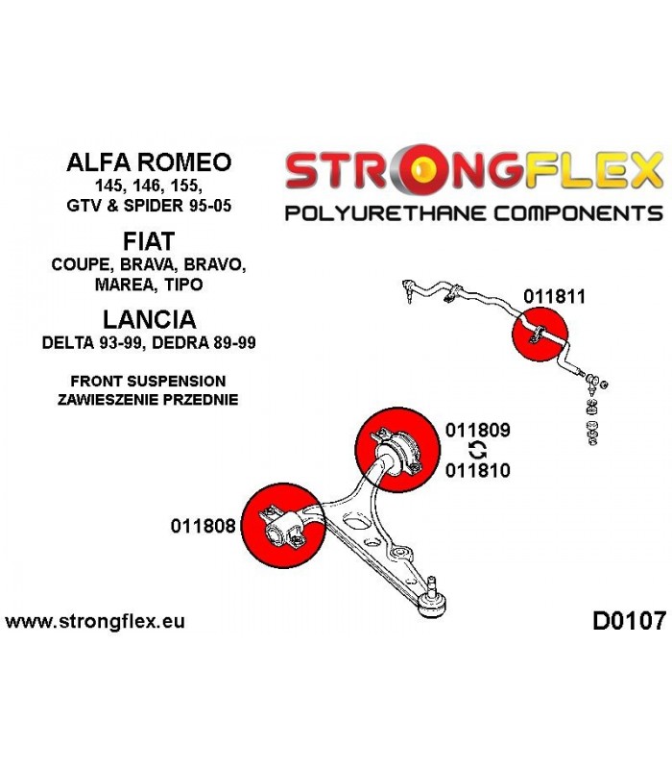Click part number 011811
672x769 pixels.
pyautogui.click(x=554, y=297)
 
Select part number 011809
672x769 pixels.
pyautogui.click(x=477, y=430)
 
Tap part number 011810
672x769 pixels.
pyautogui.click(x=477, y=470)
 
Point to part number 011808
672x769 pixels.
pyautogui.click(x=204, y=526)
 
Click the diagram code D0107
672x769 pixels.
pyautogui.click(x=630, y=621)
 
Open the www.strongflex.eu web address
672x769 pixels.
pyautogui.click(x=95, y=621)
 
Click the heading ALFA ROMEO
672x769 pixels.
pyautogui.click(x=149, y=162)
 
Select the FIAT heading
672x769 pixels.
pyautogui.click(x=149, y=241)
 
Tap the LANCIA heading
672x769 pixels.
pyautogui.click(x=149, y=320)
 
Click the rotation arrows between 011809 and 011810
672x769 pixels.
pyautogui.click(x=477, y=450)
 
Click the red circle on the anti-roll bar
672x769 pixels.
pyautogui.click(x=540, y=334)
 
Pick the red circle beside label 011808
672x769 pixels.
pyautogui.click(x=282, y=526)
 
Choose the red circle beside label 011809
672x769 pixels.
pyautogui.click(x=397, y=450)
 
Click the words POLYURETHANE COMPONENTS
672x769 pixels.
pyautogui.click(x=473, y=213)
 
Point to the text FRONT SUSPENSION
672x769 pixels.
pyautogui.click(x=148, y=381)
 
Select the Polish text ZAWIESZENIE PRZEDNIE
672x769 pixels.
pyautogui.click(x=148, y=400)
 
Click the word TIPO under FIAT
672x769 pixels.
pyautogui.click(x=183, y=284)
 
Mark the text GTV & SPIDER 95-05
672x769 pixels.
pyautogui.click(x=149, y=205)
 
